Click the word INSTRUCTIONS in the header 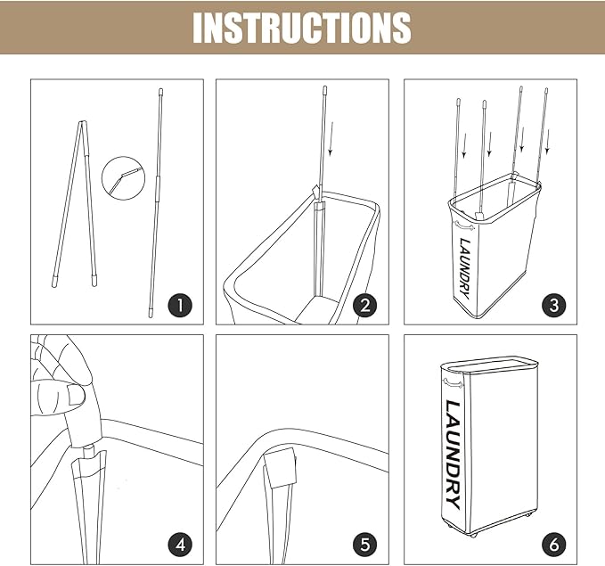tap(302, 28)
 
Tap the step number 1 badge tap(180, 306)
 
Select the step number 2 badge tap(365, 306)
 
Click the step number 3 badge tap(553, 306)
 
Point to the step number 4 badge tap(180, 545)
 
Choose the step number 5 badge tap(365, 545)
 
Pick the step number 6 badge tap(553, 545)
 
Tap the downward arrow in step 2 tap(331, 139)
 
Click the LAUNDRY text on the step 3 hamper tap(465, 268)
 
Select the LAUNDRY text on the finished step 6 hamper tap(453, 455)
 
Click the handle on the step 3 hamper tap(464, 226)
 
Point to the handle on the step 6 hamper tap(453, 383)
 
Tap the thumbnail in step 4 tap(76, 395)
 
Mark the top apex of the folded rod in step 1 tap(81, 122)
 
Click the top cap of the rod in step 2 tap(325, 91)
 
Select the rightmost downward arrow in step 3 tap(547, 142)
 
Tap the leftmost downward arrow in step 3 tap(464, 145)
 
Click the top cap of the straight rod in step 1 tap(161, 93)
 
